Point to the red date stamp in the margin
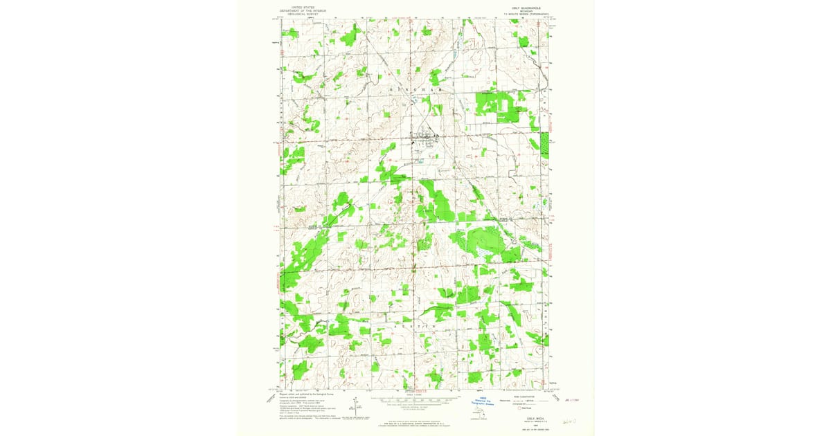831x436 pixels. click(573, 399)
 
